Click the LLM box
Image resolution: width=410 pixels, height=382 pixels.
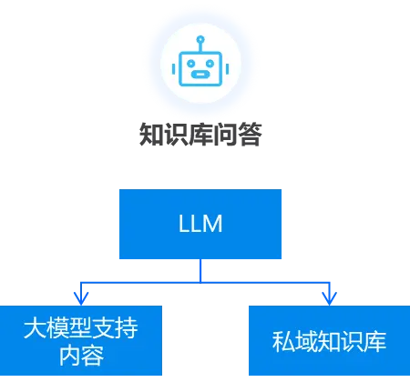pos(200,225)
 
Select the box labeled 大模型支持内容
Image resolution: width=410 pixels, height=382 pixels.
pos(83,342)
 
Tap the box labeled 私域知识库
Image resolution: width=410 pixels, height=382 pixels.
pos(329,342)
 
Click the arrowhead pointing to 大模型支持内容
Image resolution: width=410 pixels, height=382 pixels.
pos(83,297)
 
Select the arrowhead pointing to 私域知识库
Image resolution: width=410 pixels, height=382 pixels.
pos(329,297)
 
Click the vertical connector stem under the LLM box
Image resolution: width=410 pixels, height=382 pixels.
pos(200,271)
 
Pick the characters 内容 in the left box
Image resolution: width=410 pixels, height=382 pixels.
pos(83,356)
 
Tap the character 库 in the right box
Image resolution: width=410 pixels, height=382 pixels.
pos(374,343)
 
